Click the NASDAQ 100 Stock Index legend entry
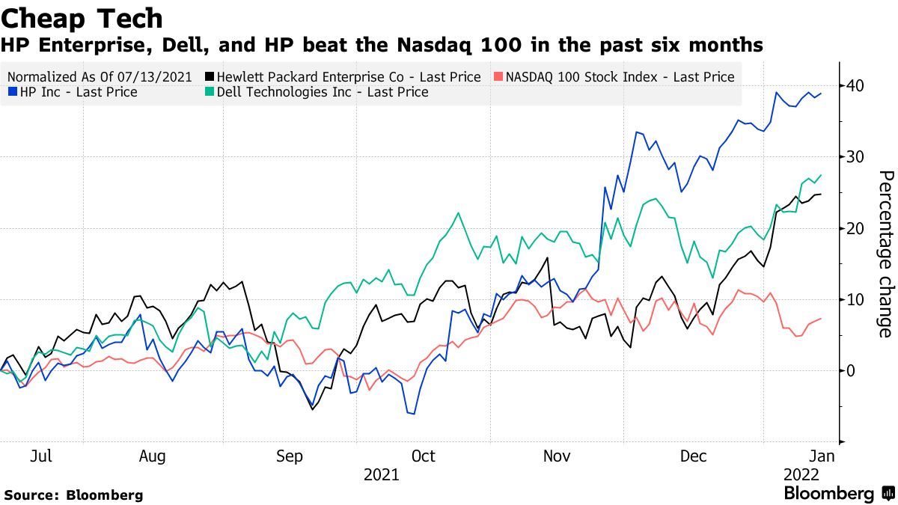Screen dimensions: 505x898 pos(614,76)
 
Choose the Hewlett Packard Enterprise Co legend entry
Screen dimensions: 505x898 pos(344,76)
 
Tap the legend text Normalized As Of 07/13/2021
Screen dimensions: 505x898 pos(99,76)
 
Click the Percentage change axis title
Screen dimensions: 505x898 pos(885,254)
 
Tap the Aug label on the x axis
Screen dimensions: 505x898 pos(152,456)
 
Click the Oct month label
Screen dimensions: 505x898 pos(423,456)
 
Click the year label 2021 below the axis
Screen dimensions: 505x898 pos(381,474)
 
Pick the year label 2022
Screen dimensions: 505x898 pos(801,474)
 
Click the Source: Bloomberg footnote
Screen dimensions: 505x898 pos(73,495)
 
